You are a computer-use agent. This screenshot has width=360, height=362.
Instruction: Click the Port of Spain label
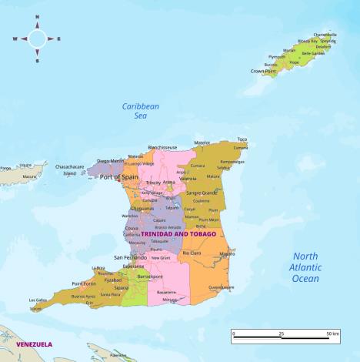(x=118, y=177)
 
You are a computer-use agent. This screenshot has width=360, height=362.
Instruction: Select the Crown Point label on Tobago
(x=263, y=71)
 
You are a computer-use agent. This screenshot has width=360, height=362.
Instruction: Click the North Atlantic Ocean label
(x=305, y=267)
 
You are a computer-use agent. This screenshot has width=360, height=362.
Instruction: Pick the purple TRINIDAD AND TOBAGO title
(x=178, y=233)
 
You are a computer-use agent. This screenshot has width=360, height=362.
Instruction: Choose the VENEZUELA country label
(x=34, y=344)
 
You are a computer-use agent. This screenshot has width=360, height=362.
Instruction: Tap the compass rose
(x=36, y=38)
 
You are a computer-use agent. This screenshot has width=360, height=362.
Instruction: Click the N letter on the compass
(x=36, y=18)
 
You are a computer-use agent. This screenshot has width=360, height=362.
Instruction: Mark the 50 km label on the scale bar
(x=332, y=334)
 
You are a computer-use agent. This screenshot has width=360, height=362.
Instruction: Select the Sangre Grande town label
(x=202, y=193)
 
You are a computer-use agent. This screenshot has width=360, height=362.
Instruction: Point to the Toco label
(x=242, y=139)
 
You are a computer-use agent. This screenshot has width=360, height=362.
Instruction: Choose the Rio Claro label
(x=192, y=253)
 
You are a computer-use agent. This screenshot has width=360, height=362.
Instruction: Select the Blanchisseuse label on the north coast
(x=162, y=147)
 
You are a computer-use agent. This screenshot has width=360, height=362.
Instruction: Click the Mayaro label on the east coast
(x=227, y=253)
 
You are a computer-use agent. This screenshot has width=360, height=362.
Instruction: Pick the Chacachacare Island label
(x=70, y=169)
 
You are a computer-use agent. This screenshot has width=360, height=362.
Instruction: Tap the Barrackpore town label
(x=150, y=276)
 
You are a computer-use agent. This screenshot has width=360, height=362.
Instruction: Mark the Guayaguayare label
(x=222, y=287)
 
